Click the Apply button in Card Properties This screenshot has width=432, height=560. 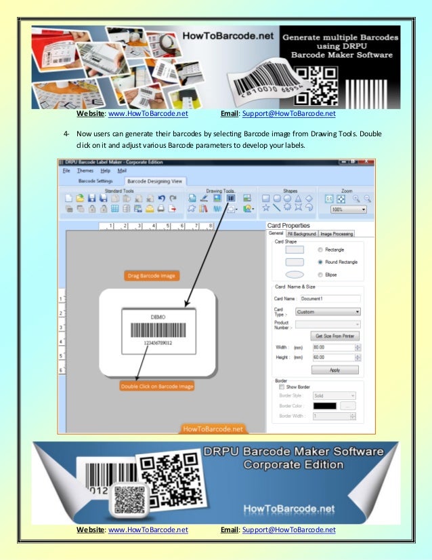334,370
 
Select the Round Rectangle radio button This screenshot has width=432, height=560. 320,261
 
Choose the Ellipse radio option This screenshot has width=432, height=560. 320,275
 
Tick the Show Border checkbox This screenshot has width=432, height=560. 282,387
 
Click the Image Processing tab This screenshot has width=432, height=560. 337,234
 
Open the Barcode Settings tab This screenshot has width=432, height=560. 95,182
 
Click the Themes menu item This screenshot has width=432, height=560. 85,171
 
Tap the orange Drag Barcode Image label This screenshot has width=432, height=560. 151,275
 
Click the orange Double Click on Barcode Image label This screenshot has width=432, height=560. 157,386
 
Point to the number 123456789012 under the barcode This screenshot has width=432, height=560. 158,343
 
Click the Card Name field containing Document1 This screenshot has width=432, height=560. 329,298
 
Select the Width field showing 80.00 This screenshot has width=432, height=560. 332,347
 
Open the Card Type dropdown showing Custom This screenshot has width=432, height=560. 327,312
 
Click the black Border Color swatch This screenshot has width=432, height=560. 324,405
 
